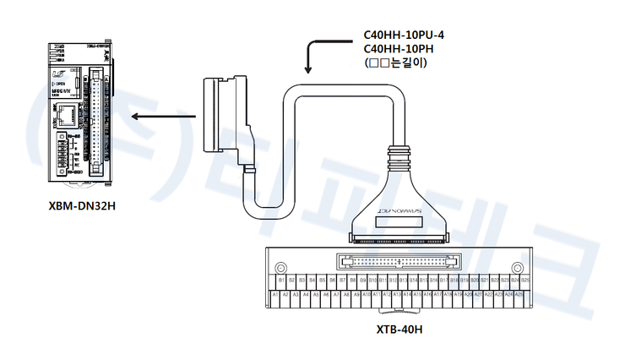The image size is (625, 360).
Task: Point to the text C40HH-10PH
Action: click(397, 48)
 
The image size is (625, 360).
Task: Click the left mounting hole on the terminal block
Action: click(283, 260)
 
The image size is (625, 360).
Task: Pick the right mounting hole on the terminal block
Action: click(519, 260)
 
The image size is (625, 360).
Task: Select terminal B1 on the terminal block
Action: click(281, 279)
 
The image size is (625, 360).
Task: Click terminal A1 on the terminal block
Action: click(276, 295)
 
